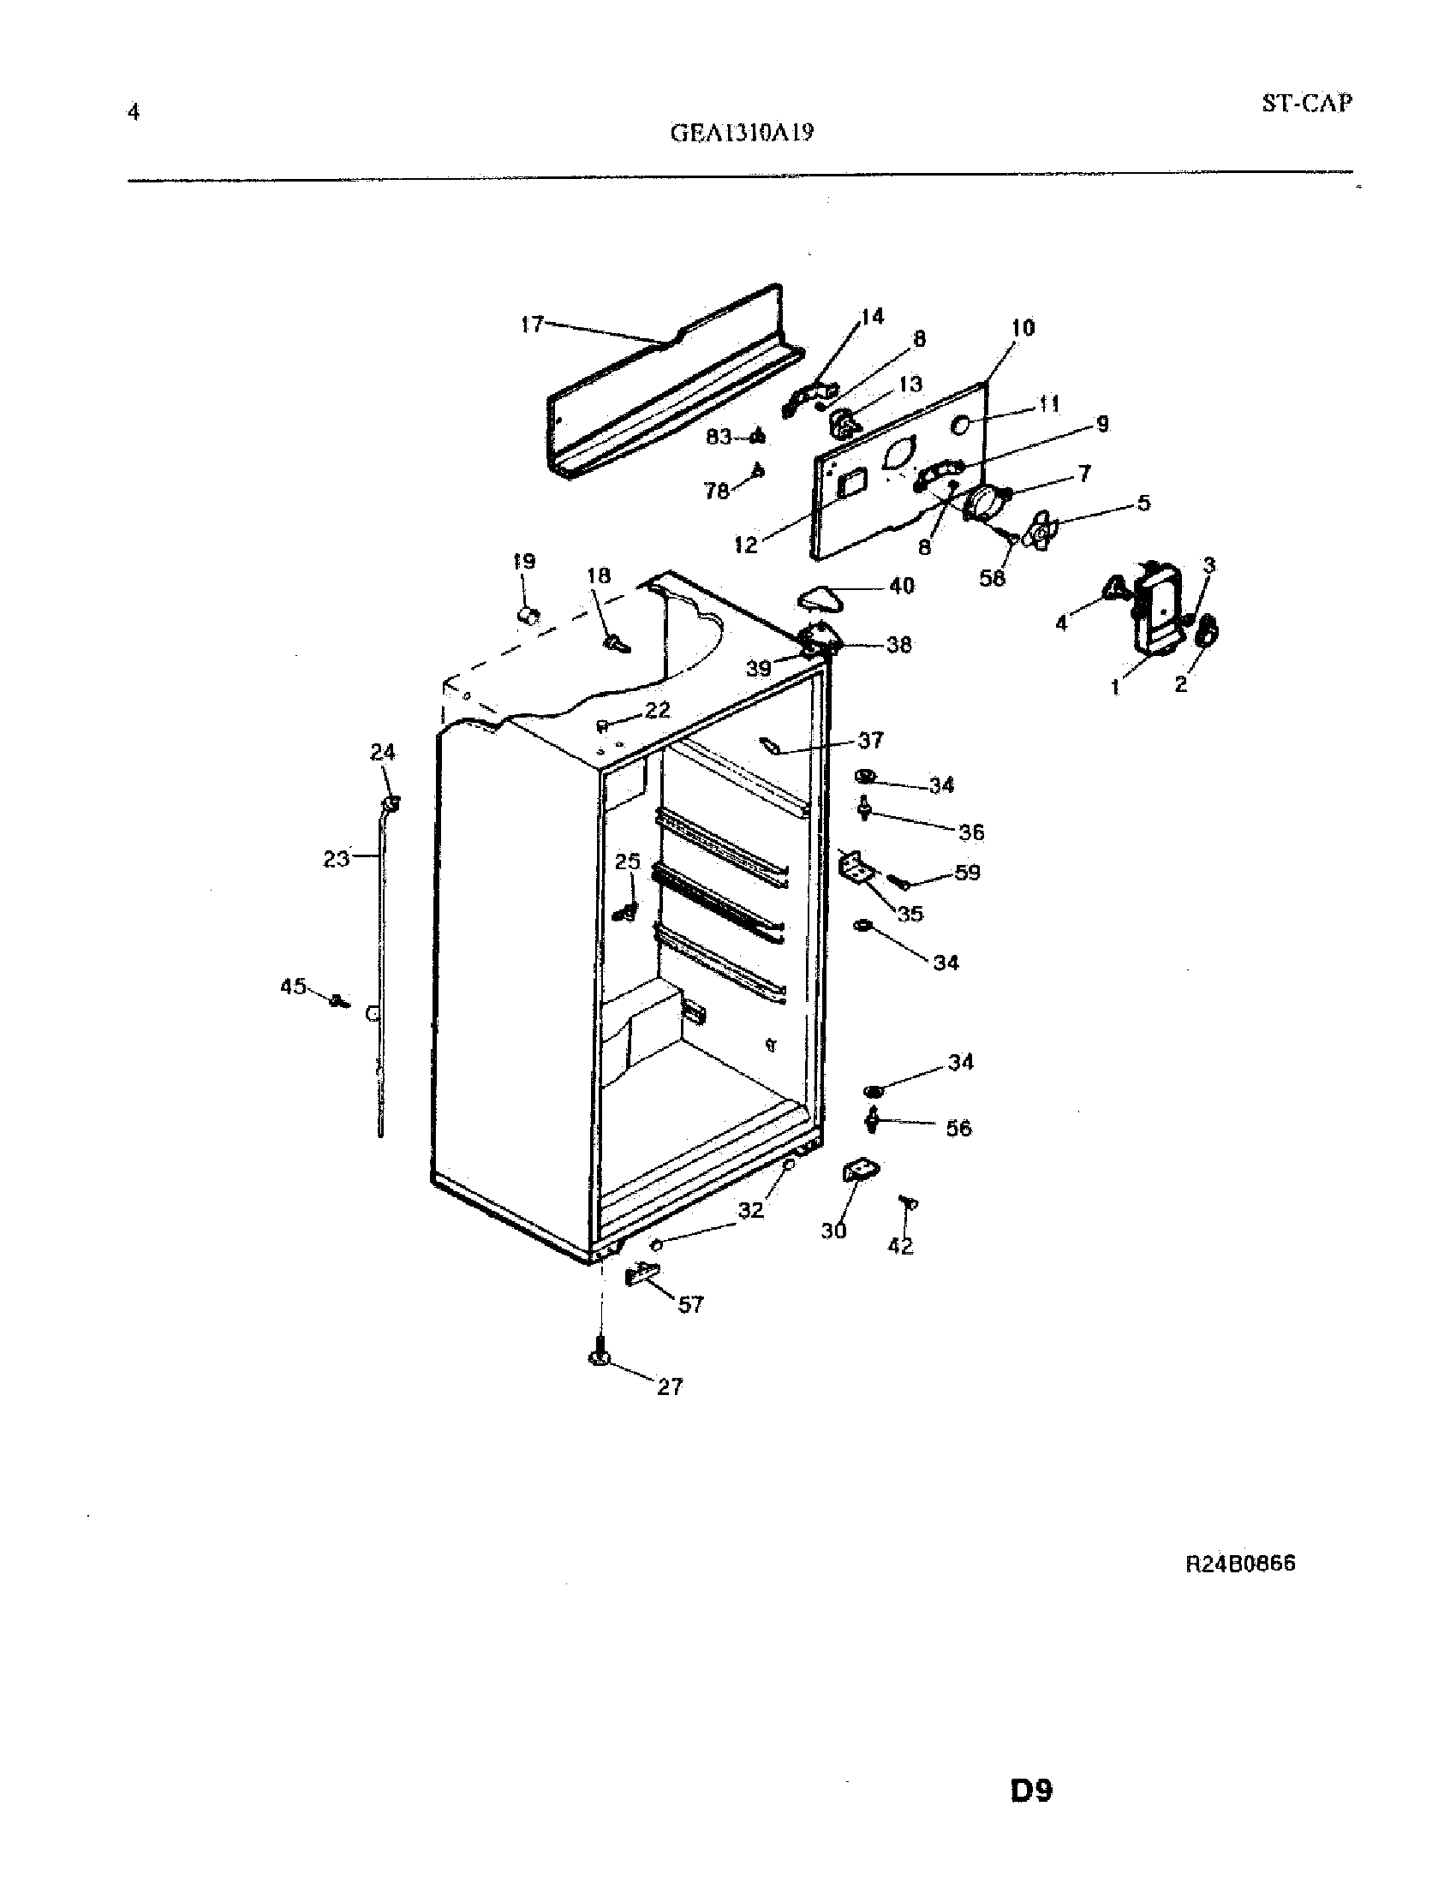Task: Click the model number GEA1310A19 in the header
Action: [741, 133]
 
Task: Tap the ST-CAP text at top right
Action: [1306, 104]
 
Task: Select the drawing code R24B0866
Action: [1240, 1564]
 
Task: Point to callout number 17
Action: [532, 325]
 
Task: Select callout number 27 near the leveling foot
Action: [670, 1386]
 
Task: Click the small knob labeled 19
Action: [528, 615]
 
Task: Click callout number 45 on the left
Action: [293, 985]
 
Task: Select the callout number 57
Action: [690, 1304]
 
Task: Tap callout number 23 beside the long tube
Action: [337, 858]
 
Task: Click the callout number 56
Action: [958, 1128]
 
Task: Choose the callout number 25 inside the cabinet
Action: [628, 861]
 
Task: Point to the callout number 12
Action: [746, 545]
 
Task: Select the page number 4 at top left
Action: [133, 112]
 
